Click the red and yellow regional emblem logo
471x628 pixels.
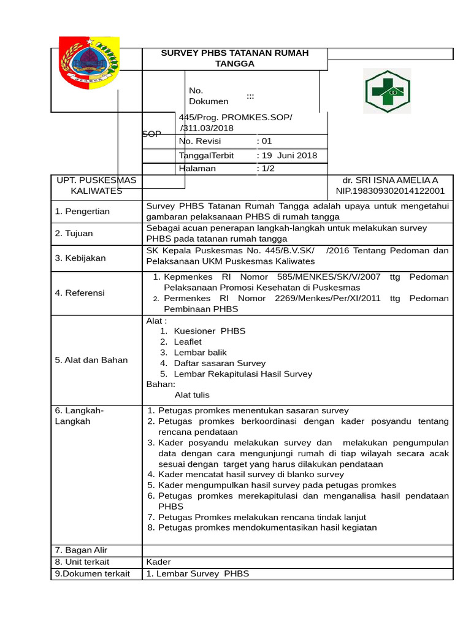click(x=88, y=63)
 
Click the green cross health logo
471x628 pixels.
click(x=387, y=91)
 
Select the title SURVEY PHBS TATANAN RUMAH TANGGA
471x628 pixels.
click(x=235, y=58)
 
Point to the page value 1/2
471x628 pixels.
click(x=268, y=169)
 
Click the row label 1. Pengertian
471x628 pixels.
click(x=82, y=211)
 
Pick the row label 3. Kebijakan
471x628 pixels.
click(x=80, y=258)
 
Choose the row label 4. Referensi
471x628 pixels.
click(x=80, y=293)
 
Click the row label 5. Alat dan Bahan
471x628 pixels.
click(x=91, y=360)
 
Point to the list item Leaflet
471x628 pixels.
click(x=188, y=342)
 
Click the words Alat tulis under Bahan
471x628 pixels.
click(x=192, y=396)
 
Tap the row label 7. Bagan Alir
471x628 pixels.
click(x=81, y=549)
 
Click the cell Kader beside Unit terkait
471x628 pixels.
click(x=158, y=562)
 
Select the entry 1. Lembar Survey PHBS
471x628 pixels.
click(x=197, y=574)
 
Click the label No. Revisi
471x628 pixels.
click(x=200, y=141)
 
